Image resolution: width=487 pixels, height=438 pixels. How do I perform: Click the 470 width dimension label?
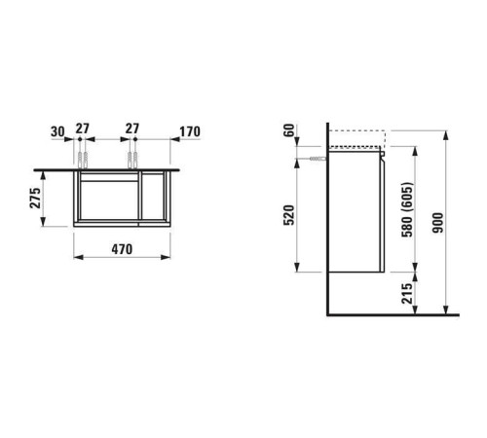pos(122,249)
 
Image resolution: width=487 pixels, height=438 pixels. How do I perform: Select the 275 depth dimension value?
pos(36,198)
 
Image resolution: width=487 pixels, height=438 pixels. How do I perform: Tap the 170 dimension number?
pos(190,131)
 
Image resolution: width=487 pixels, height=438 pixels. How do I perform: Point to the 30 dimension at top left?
pos(57,131)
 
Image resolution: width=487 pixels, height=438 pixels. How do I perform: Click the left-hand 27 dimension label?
pos(83,128)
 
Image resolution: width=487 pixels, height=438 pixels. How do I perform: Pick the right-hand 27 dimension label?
pos(132,128)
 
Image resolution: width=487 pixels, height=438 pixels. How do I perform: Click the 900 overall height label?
pos(437,223)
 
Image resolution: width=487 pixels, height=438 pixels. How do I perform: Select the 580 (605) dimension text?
pos(407,209)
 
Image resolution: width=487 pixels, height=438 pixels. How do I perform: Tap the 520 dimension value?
pos(289,215)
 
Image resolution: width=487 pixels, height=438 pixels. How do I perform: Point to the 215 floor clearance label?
pos(407,294)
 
